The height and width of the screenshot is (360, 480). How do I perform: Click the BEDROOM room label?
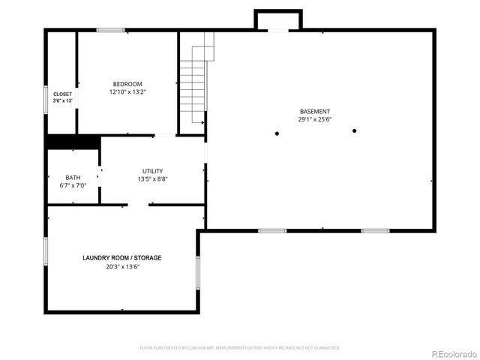[127, 84]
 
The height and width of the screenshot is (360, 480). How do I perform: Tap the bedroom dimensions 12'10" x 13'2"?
[127, 92]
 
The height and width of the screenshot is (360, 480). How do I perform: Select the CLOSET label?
[62, 94]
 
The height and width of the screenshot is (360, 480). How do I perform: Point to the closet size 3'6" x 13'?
[62, 100]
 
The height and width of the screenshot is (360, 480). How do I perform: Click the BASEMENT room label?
[315, 111]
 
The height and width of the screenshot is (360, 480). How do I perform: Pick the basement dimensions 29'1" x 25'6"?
[315, 119]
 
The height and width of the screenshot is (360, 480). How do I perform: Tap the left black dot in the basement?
[277, 133]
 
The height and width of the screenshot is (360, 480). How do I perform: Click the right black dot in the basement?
[354, 130]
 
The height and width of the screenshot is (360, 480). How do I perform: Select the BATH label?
[73, 178]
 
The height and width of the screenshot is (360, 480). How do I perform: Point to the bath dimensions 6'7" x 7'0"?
[73, 185]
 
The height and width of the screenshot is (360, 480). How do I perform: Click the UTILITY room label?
[152, 171]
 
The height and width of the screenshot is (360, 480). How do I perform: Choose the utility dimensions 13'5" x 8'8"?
[152, 179]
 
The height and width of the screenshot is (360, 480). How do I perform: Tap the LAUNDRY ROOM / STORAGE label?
[121, 258]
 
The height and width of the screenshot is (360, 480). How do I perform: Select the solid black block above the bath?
[73, 142]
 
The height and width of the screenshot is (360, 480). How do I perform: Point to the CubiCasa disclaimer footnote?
[240, 348]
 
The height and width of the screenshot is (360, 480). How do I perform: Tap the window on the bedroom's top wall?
[110, 31]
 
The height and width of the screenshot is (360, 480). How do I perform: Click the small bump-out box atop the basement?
[278, 20]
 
